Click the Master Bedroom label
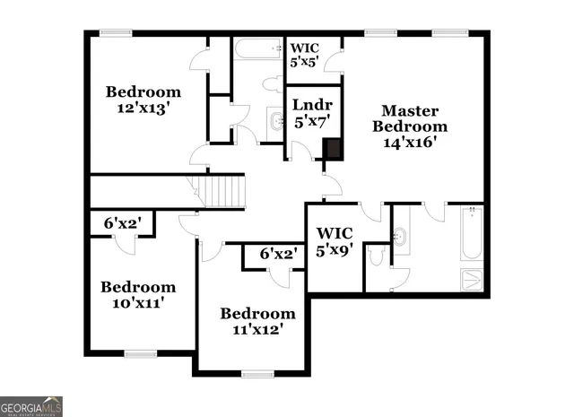[x=410, y=118]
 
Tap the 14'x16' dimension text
[x=410, y=142]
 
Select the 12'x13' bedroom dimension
[x=143, y=108]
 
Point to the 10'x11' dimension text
[x=138, y=303]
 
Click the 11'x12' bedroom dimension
[x=258, y=329]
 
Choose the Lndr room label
[x=313, y=106]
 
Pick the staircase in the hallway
[x=221, y=192]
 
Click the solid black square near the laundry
[x=332, y=149]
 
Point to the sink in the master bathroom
[x=401, y=237]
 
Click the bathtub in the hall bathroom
[x=258, y=48]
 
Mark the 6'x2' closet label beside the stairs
[x=121, y=223]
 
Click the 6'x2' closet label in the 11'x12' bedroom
[x=278, y=255]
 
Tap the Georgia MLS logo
[x=31, y=405]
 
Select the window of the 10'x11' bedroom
[x=139, y=352]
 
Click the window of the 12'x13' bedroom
[x=116, y=34]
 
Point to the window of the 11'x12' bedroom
[x=257, y=372]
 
